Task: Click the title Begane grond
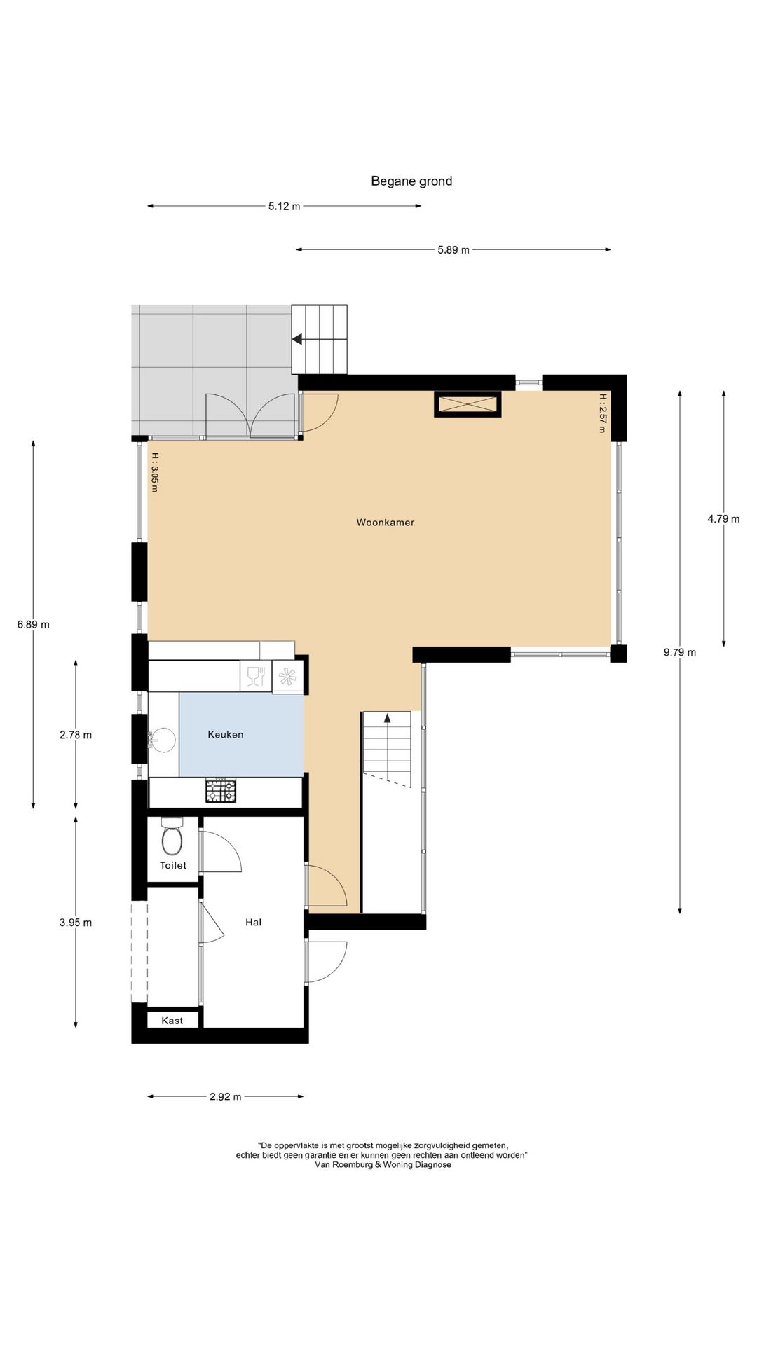click(411, 181)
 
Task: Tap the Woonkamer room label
click(385, 523)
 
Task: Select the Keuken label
click(226, 735)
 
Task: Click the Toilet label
click(173, 866)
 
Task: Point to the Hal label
click(254, 923)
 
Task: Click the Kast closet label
click(172, 1021)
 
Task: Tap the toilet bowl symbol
click(172, 835)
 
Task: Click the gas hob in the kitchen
click(221, 790)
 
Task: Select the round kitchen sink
click(162, 740)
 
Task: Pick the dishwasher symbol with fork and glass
click(256, 677)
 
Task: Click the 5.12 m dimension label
click(284, 206)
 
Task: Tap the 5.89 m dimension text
click(453, 250)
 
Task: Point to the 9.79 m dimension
click(680, 653)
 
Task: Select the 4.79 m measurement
click(723, 519)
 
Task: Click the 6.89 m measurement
click(34, 625)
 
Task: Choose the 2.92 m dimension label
click(225, 1097)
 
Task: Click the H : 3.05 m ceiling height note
click(154, 471)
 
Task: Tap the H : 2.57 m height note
click(602, 413)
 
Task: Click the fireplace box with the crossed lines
click(468, 404)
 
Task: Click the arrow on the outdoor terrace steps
click(297, 339)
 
